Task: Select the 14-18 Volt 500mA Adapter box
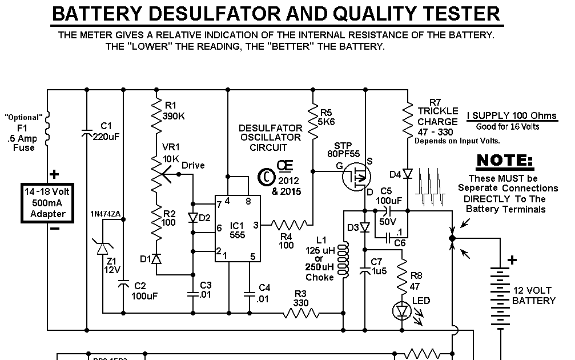52,202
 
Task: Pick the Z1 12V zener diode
103,248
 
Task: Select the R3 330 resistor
301,313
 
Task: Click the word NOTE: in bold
504,161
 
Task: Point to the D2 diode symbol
194,218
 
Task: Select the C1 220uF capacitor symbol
86,134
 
